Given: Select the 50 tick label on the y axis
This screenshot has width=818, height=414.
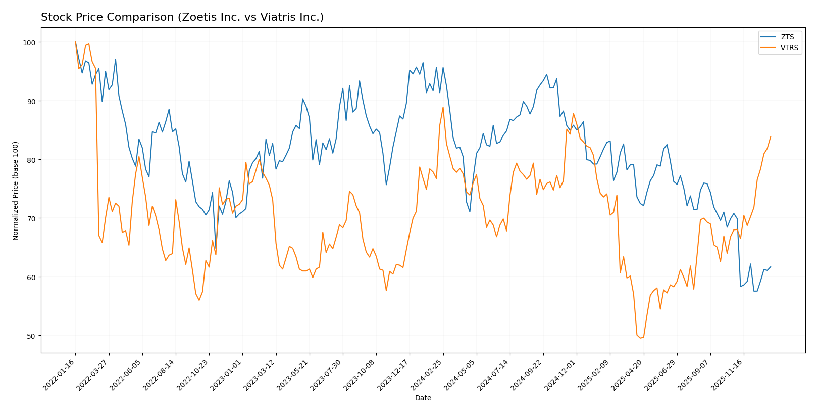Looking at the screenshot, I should [x=33, y=336].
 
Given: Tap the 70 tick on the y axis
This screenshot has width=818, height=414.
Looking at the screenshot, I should [x=33, y=218].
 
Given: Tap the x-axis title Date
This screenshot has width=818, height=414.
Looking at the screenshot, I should [x=423, y=398].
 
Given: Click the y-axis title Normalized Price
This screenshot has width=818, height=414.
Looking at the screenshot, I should [x=16, y=190].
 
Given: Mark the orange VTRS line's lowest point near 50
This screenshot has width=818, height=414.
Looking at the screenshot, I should [x=640, y=338].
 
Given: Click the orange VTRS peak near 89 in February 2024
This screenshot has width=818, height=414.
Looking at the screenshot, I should [x=443, y=107].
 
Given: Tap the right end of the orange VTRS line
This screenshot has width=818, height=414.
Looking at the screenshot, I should [x=771, y=136].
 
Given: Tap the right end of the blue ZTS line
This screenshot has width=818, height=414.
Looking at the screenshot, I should [x=771, y=267].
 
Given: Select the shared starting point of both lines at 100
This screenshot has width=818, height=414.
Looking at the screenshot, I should [x=75, y=42].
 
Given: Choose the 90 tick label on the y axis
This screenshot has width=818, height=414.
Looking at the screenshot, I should [x=33, y=101].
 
